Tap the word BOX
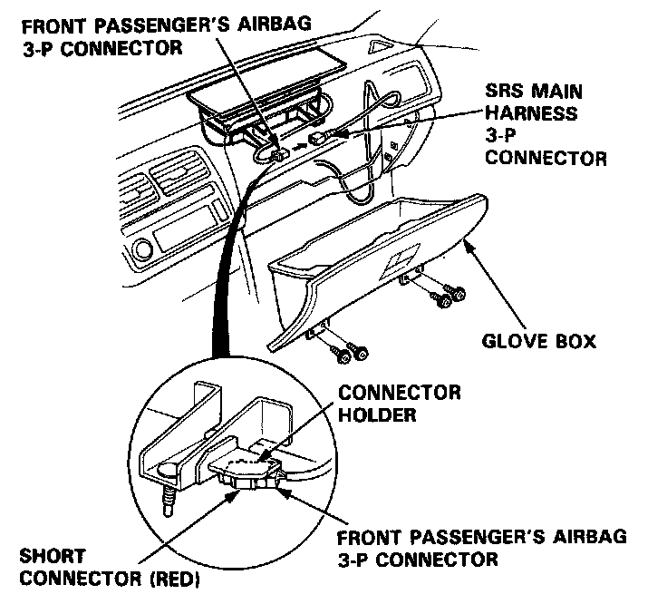click(x=574, y=342)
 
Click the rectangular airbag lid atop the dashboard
click(x=270, y=81)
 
